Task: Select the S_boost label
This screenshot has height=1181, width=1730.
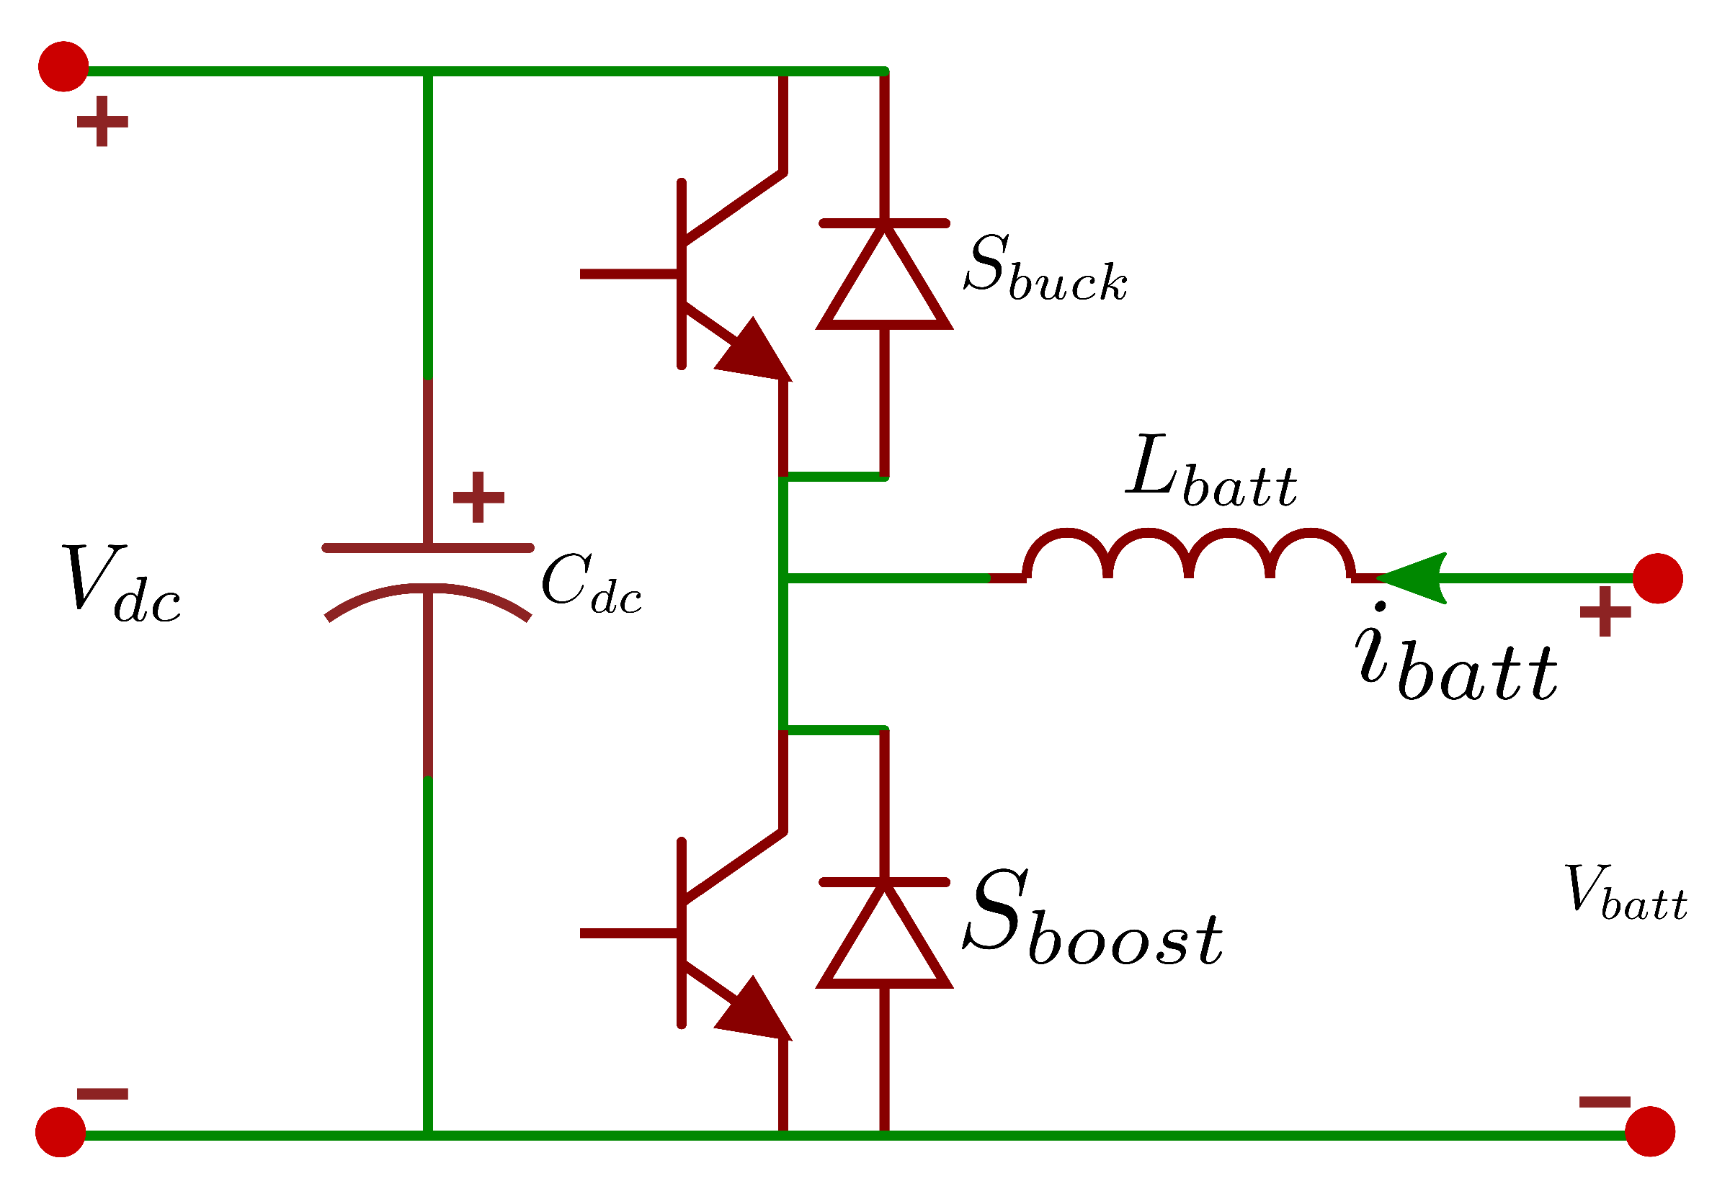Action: pyautogui.click(x=1092, y=919)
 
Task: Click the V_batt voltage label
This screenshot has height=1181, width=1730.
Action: pyautogui.click(x=1623, y=893)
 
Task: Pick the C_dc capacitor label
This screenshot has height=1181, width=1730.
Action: pyautogui.click(x=590, y=585)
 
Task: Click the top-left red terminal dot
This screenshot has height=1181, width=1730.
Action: pyautogui.click(x=64, y=67)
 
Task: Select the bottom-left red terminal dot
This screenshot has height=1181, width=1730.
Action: pyautogui.click(x=61, y=1132)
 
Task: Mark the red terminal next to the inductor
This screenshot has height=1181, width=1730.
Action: pyautogui.click(x=1658, y=578)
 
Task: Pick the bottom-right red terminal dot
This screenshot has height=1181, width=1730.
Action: pyautogui.click(x=1649, y=1131)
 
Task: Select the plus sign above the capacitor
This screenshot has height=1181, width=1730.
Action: pyautogui.click(x=478, y=497)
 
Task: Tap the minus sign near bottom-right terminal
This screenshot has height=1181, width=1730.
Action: pyautogui.click(x=1605, y=1102)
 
